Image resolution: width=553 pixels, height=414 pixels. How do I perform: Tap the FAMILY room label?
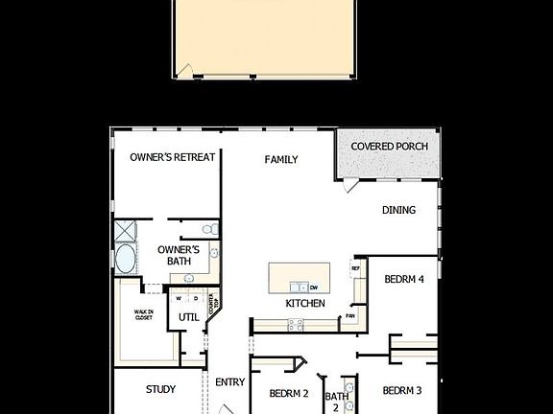[x=281, y=160]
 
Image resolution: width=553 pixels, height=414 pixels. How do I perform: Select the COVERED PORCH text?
[x=389, y=147]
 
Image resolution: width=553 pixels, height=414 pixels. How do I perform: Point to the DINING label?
[x=398, y=211]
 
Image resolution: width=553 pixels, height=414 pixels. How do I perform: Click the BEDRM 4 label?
[x=403, y=280]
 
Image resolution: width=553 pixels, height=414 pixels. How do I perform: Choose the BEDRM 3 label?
[x=402, y=391]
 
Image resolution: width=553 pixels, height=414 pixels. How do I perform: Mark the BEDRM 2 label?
[x=288, y=394]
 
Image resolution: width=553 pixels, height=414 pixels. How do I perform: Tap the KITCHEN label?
[x=304, y=304]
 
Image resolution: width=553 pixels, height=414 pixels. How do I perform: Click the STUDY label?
[x=160, y=390]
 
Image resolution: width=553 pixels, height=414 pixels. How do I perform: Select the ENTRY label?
[x=229, y=382]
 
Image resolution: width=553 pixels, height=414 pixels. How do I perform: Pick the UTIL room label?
[x=188, y=317]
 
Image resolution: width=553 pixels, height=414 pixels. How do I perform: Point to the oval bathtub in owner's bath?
[x=126, y=259]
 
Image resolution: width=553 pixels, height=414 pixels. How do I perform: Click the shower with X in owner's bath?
[x=126, y=231]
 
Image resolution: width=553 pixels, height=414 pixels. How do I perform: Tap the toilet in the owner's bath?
[x=208, y=229]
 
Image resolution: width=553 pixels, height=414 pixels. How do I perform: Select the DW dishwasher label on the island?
[x=314, y=287]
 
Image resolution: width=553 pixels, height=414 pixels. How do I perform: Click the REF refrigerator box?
[x=355, y=269]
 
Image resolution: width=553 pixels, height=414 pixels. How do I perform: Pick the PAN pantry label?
[x=351, y=315]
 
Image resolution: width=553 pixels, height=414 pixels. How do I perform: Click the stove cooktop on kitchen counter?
[x=296, y=325]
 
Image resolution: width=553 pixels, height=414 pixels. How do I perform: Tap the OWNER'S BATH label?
[x=178, y=255]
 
